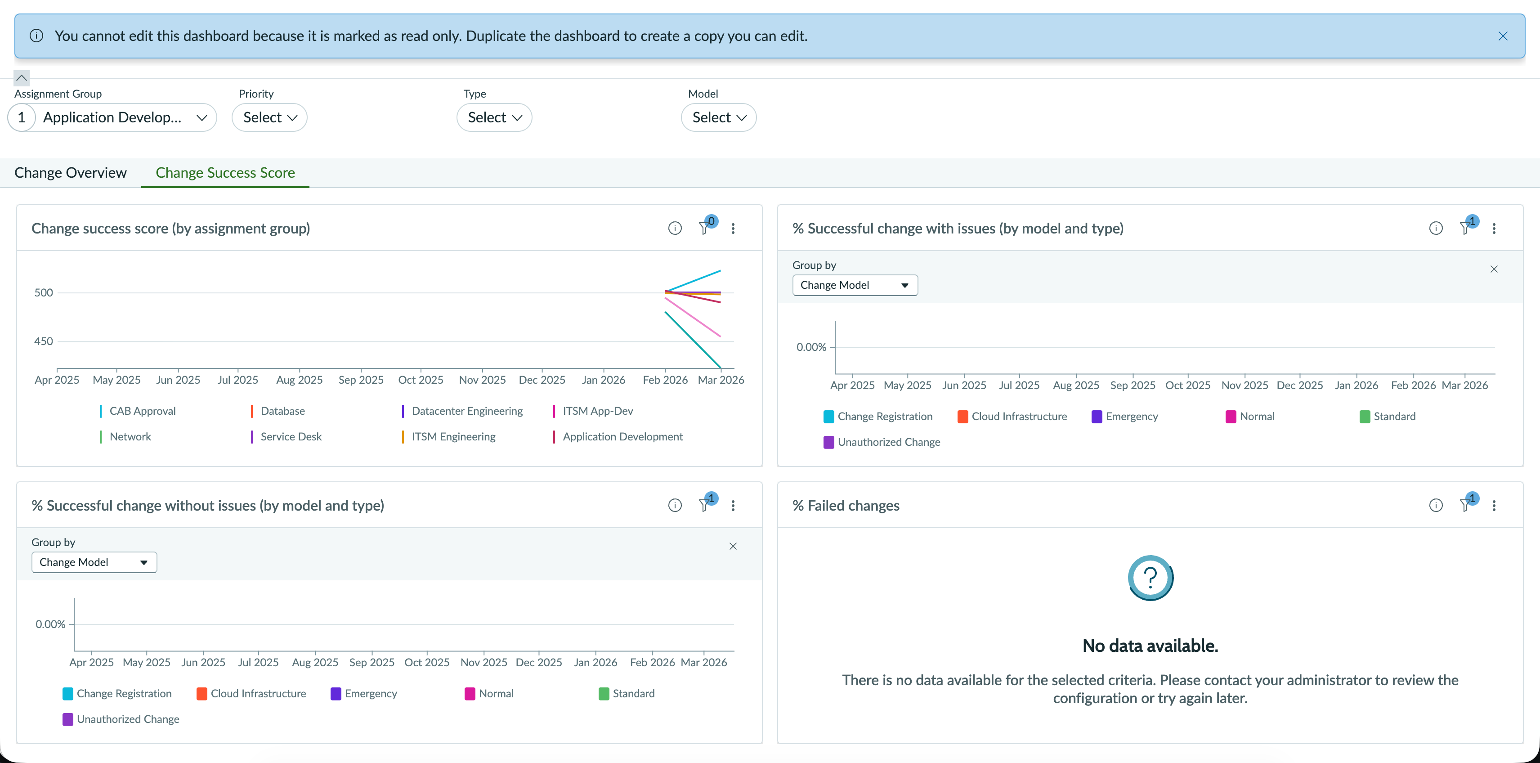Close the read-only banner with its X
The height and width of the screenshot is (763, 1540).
pos(1502,36)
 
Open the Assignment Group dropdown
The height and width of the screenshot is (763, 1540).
pos(112,117)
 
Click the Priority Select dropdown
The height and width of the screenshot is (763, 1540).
pos(269,117)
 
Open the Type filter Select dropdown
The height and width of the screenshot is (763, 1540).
pos(494,117)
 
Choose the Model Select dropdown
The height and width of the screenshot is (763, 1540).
pos(719,117)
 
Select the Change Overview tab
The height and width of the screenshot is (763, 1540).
pos(71,173)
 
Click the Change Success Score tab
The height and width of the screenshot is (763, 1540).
pos(225,173)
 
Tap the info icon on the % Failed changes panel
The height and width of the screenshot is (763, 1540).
pos(1435,505)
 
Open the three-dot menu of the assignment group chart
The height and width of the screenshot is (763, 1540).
pos(733,229)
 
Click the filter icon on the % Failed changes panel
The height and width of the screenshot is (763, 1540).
pos(1466,505)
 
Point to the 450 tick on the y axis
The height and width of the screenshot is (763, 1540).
pos(44,341)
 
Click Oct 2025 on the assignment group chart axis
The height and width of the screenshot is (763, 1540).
pos(421,380)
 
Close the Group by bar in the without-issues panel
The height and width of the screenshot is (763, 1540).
pos(733,546)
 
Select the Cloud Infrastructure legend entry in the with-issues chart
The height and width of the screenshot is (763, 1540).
pos(1012,417)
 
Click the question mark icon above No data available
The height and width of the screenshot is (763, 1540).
pos(1150,578)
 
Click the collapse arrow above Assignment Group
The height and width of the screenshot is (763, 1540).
pos(22,78)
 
